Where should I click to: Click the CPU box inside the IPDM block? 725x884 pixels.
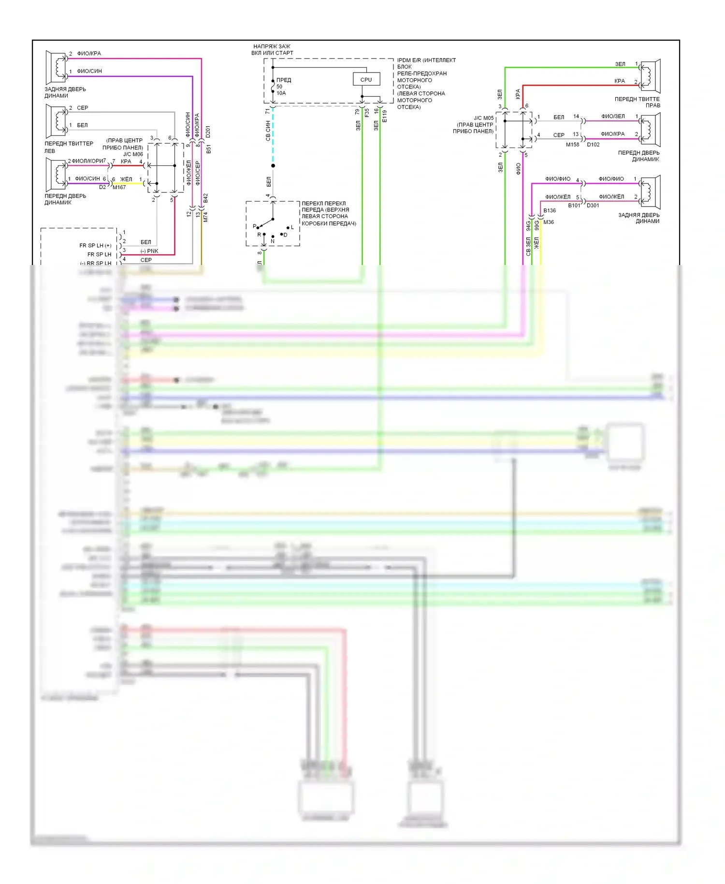pos(366,80)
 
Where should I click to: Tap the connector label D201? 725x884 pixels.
pos(208,132)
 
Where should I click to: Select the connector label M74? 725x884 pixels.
pos(205,217)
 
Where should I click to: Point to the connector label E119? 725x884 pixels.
pos(385,116)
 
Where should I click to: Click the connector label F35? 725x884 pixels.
pos(367,113)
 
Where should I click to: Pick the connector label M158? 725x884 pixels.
pos(572,145)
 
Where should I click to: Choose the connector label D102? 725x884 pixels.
pos(593,145)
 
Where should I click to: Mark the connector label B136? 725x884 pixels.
pos(550,210)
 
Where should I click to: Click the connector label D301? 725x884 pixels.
pos(593,206)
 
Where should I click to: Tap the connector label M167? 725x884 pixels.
pos(119,188)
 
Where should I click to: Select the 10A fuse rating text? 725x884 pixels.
pos(281,93)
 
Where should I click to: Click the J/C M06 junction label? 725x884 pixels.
pos(133,154)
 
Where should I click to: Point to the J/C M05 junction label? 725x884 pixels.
pos(483,118)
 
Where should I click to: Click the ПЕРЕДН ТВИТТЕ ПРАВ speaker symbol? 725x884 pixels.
pos(650,76)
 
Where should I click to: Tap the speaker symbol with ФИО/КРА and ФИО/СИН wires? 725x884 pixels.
pos(56,66)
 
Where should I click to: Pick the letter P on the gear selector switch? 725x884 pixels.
pos(255,226)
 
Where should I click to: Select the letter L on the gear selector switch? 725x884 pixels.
pos(292,227)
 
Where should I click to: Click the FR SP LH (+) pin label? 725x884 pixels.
pos(95,246)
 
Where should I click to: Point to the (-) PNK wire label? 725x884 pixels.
pos(149,251)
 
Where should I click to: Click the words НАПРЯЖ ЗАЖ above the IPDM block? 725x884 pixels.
pos(272,46)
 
